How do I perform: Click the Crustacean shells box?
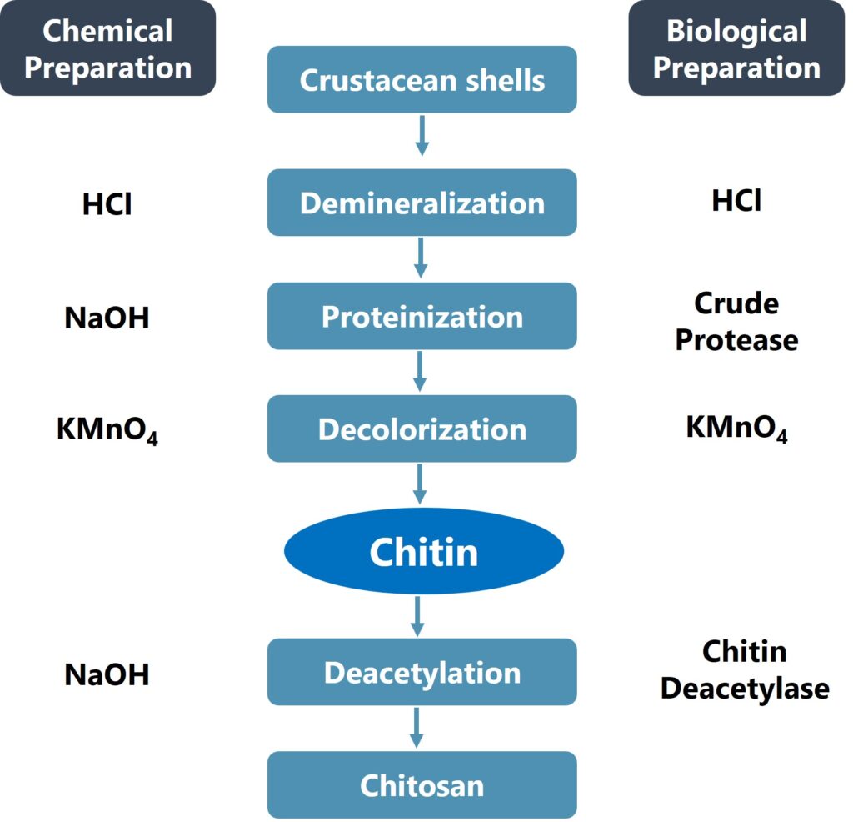pyautogui.click(x=422, y=80)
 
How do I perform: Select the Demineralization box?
pyautogui.click(x=422, y=203)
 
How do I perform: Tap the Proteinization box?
pyautogui.click(x=422, y=316)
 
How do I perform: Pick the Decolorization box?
pyautogui.click(x=422, y=429)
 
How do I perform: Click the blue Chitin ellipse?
pyautogui.click(x=424, y=551)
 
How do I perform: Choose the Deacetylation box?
pyautogui.click(x=422, y=672)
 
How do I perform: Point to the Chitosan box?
pyautogui.click(x=422, y=784)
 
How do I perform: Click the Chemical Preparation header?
pyautogui.click(x=107, y=48)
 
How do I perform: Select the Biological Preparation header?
pyautogui.click(x=736, y=48)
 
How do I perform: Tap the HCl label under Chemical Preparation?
pyautogui.click(x=107, y=205)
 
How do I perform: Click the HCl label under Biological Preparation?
pyautogui.click(x=736, y=200)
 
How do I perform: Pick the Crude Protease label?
pyautogui.click(x=736, y=322)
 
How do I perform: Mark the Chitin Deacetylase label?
pyautogui.click(x=744, y=669)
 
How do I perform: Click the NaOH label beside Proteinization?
pyautogui.click(x=107, y=318)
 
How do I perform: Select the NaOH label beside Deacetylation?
pyautogui.click(x=107, y=674)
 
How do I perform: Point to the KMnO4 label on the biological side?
pyautogui.click(x=736, y=429)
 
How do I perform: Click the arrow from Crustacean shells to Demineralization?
pyautogui.click(x=422, y=135)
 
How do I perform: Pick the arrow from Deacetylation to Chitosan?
pyautogui.click(x=417, y=727)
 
